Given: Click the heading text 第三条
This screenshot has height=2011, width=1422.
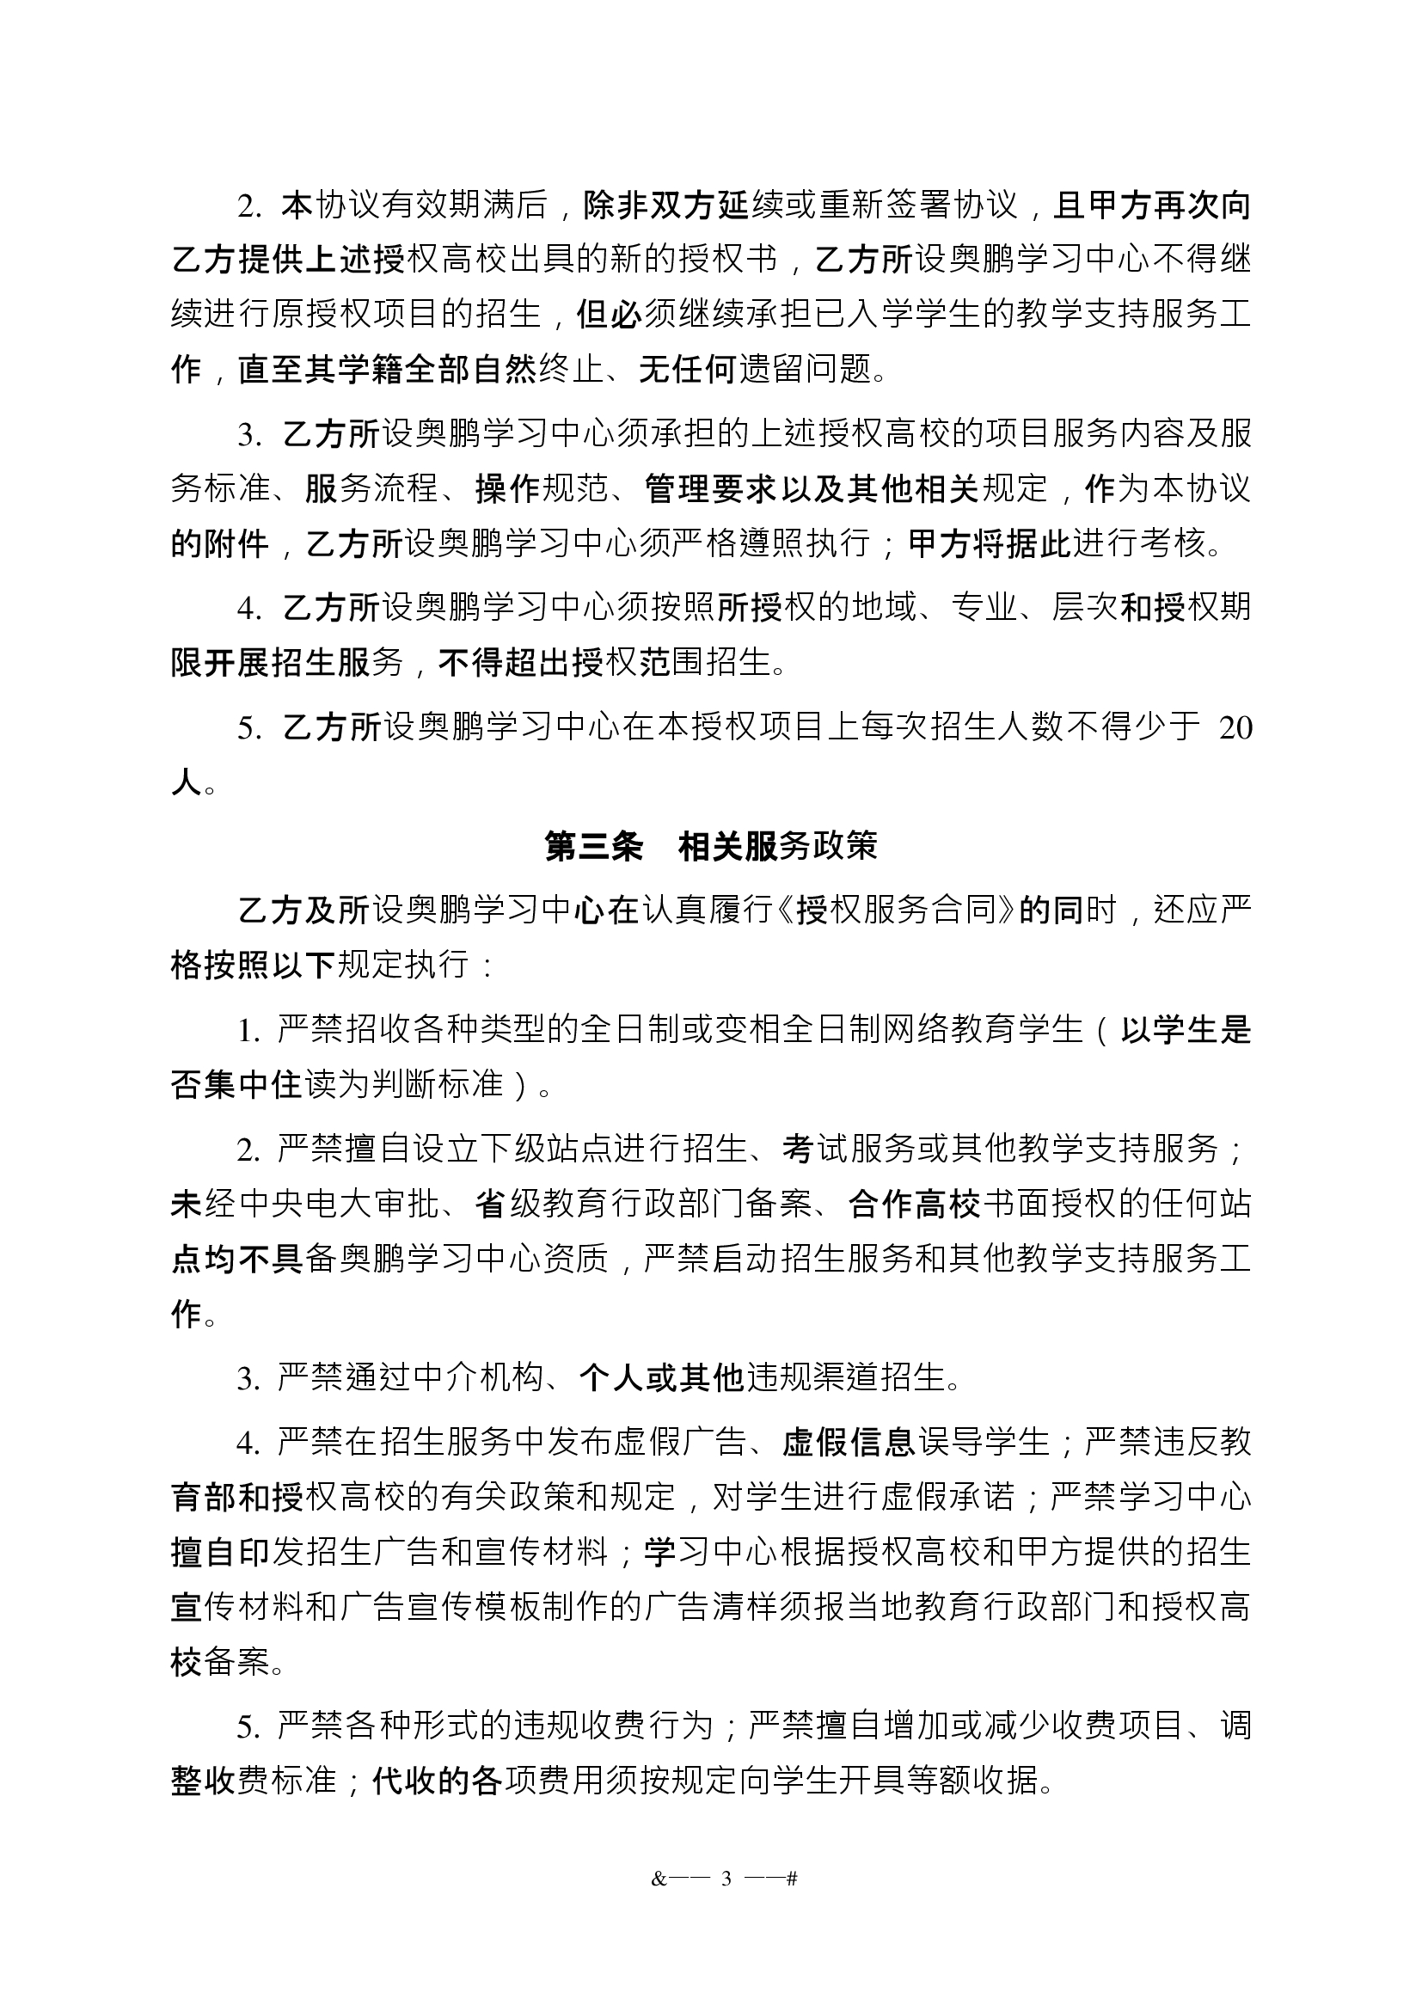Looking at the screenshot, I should tap(594, 846).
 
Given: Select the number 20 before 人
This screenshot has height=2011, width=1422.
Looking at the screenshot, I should tap(1235, 728).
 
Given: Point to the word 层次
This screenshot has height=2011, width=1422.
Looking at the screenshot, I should tap(1082, 607).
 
